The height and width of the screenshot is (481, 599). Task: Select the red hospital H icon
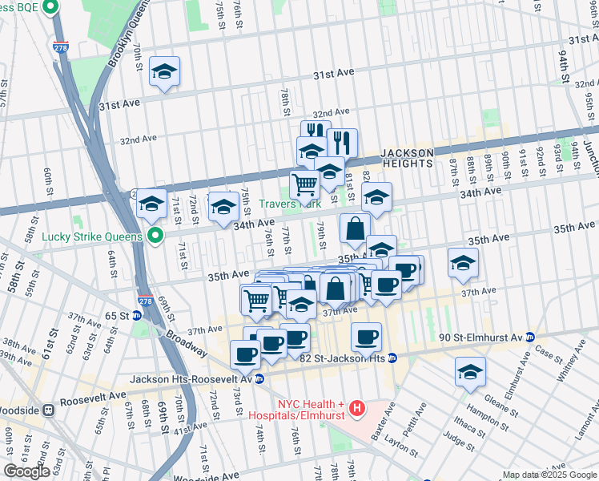click(x=357, y=409)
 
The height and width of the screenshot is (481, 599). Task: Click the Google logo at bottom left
click(x=27, y=471)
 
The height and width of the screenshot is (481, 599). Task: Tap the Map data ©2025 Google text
click(x=549, y=475)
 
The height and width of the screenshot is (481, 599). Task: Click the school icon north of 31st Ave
click(x=164, y=72)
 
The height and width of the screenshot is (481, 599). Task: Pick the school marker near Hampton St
click(x=470, y=372)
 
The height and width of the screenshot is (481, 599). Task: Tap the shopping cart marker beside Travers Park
click(x=305, y=185)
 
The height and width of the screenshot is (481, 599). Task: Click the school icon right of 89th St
click(x=463, y=263)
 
